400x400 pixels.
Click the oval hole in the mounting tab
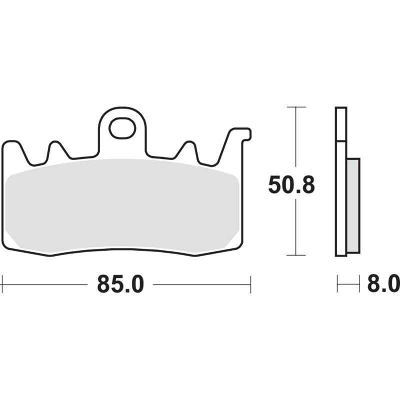(122, 128)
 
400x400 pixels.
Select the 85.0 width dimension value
(120, 284)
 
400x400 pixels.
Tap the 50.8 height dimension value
(291, 185)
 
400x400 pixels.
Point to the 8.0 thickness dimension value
(383, 284)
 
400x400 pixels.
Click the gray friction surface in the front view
(125, 205)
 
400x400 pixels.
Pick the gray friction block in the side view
(353, 205)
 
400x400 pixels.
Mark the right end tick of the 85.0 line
(250, 284)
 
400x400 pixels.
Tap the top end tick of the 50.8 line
(296, 107)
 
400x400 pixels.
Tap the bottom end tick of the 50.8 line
(296, 255)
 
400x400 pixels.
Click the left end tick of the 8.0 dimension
(337, 284)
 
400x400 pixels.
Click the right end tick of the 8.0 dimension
(359, 284)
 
